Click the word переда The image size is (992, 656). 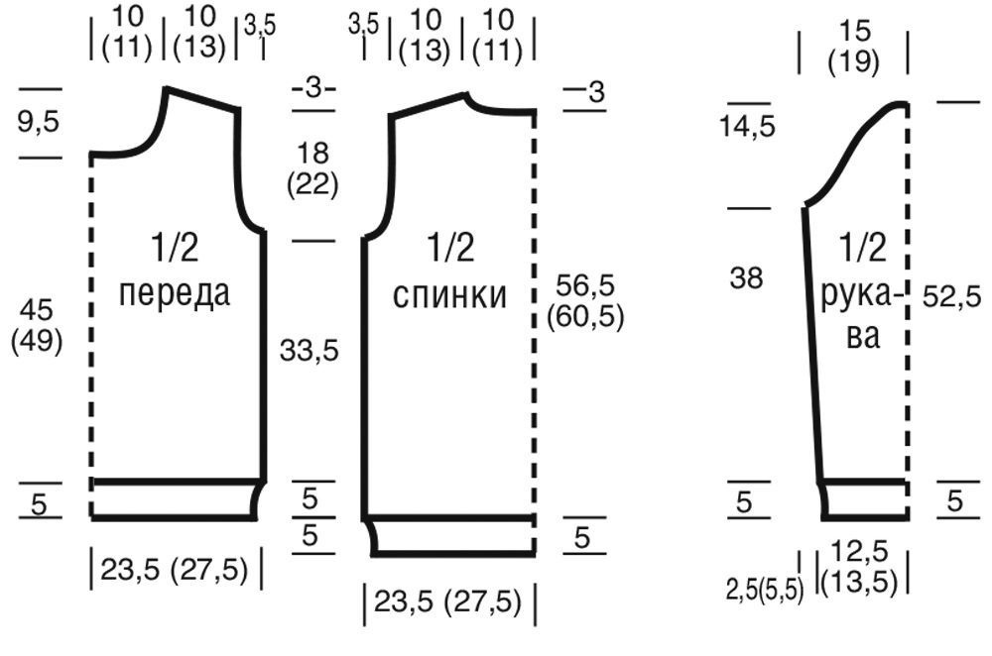[174, 294]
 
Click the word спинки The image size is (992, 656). [449, 294]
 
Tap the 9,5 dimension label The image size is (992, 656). [38, 121]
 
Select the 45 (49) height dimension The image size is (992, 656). [37, 326]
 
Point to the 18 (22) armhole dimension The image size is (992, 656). [312, 168]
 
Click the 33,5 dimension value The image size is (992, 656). [310, 350]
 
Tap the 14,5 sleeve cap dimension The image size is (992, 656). [747, 127]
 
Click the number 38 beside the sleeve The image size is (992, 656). [747, 277]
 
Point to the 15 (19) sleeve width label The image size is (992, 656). [853, 47]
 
